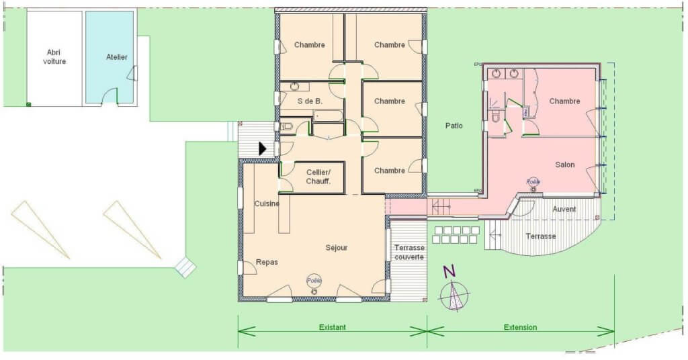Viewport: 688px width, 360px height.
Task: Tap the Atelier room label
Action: [117, 57]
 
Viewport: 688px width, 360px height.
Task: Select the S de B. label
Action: [310, 101]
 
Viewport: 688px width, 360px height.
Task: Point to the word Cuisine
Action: [267, 204]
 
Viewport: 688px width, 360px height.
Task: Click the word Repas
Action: [266, 262]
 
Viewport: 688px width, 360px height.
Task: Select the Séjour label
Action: [337, 248]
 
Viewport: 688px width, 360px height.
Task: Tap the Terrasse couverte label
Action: [409, 252]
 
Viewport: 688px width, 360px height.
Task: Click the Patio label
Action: [454, 126]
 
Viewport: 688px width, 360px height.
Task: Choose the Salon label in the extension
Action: [565, 165]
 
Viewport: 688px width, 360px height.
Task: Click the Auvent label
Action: [564, 209]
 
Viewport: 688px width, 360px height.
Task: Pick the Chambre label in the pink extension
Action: [564, 101]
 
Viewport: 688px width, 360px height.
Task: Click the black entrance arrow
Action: [263, 148]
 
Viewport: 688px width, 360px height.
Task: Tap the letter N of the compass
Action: [449, 272]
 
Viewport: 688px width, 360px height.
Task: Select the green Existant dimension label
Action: [332, 327]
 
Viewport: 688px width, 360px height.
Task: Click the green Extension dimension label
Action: [520, 327]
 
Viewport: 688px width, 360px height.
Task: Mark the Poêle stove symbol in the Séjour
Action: [314, 283]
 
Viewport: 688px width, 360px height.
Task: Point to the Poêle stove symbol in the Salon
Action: [533, 184]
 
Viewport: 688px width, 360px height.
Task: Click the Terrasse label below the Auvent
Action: [541, 236]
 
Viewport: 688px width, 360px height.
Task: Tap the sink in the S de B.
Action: [294, 87]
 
